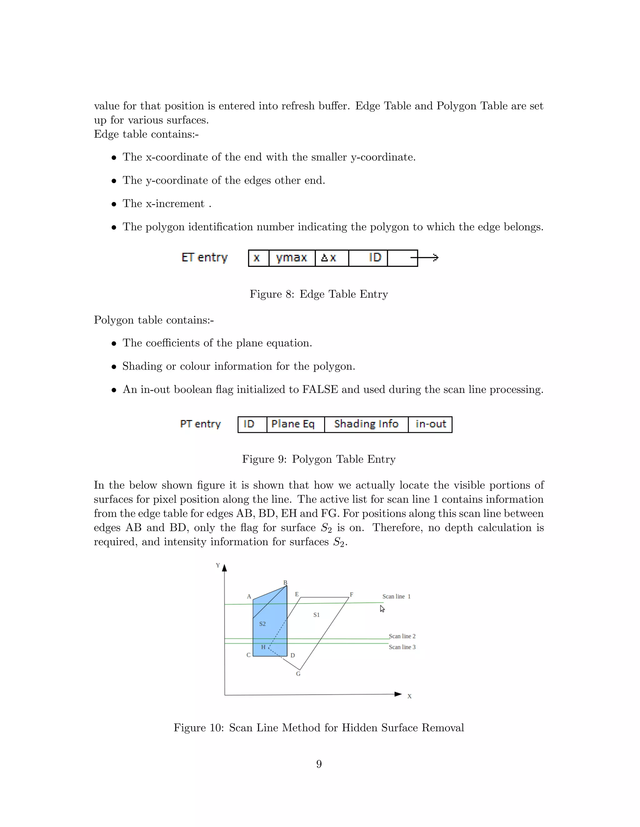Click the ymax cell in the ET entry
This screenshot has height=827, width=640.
coord(292,258)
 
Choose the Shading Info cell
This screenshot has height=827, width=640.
coord(366,424)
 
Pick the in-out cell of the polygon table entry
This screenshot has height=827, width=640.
coord(430,424)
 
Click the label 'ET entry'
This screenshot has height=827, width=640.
coord(204,258)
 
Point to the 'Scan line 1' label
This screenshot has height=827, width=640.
coord(396,596)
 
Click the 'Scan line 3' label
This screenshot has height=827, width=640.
coord(402,647)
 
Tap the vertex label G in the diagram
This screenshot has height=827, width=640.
coord(298,674)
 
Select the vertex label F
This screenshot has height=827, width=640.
coord(352,595)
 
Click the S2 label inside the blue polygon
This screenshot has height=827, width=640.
coord(262,624)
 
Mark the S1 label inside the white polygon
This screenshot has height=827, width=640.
coord(317,615)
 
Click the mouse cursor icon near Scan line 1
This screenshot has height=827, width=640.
coord(382,609)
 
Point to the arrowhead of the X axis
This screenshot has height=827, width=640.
coord(398,694)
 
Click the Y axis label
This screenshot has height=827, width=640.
coord(217,565)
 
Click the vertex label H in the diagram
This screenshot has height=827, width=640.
coord(263,647)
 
